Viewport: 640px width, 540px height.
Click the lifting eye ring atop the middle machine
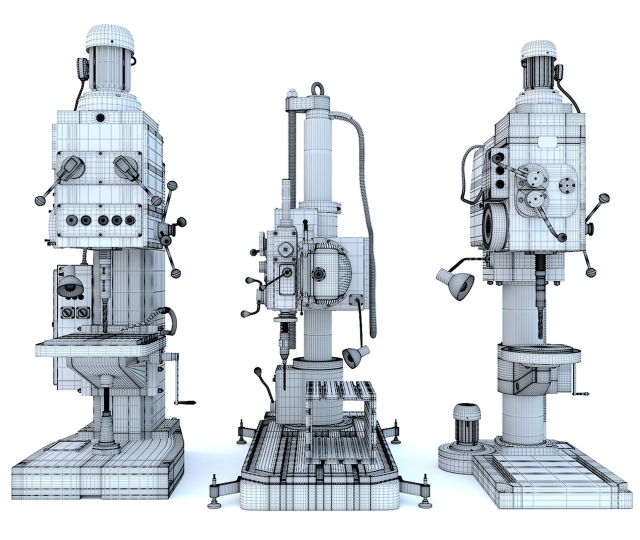[x=316, y=89]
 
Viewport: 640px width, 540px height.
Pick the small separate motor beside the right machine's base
[x=466, y=418]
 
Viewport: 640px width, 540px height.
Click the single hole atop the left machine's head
[x=100, y=118]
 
